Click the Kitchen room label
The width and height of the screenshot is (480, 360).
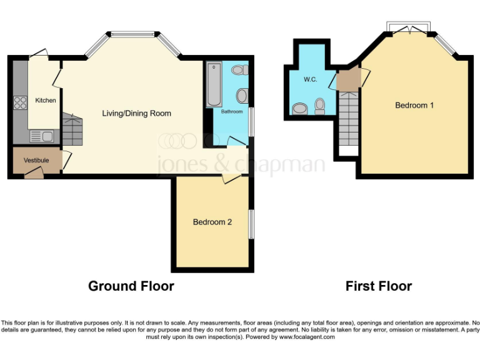pyautogui.click(x=45, y=101)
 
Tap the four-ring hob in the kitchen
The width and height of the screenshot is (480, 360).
pyautogui.click(x=20, y=102)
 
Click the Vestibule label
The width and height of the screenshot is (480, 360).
pyautogui.click(x=36, y=161)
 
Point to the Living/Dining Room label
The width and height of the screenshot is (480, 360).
pyautogui.click(x=136, y=114)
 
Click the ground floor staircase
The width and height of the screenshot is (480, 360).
pyautogui.click(x=73, y=127)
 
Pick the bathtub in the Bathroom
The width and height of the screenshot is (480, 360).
pyautogui.click(x=214, y=86)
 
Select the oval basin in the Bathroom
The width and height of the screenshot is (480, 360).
pyautogui.click(x=242, y=96)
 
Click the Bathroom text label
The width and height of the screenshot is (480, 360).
pyautogui.click(x=231, y=112)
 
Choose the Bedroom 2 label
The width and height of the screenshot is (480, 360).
pyautogui.click(x=212, y=222)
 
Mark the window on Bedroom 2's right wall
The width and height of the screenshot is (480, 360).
pyautogui.click(x=251, y=224)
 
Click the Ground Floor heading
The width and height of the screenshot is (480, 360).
pyautogui.click(x=131, y=286)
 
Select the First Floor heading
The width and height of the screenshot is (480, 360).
pyautogui.click(x=379, y=286)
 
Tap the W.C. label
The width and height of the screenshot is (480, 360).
pyautogui.click(x=311, y=80)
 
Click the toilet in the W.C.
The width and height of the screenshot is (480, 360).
pyautogui.click(x=319, y=107)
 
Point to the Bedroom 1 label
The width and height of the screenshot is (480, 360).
pyautogui.click(x=414, y=105)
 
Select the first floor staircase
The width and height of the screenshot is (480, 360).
pyautogui.click(x=348, y=119)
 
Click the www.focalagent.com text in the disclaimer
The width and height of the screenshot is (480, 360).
pyautogui.click(x=306, y=337)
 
